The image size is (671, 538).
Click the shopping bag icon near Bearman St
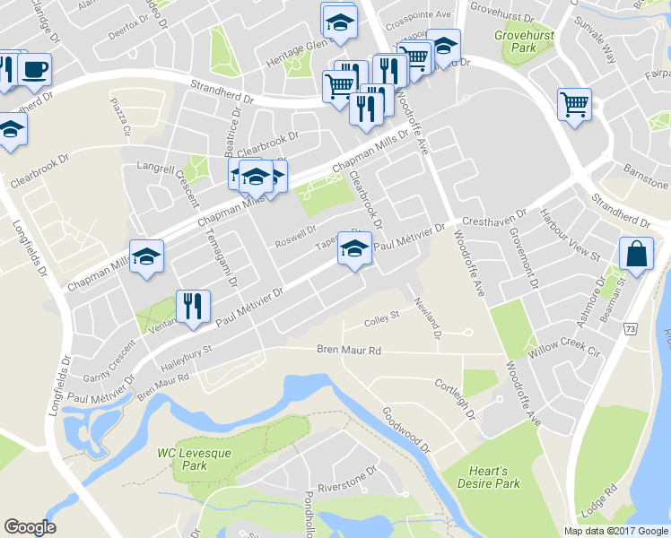636,253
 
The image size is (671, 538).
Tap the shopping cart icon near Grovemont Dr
574,103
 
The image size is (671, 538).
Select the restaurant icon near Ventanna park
192,306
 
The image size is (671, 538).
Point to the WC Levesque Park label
195,459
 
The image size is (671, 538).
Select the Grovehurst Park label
527,43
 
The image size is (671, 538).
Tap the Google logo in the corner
30,527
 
